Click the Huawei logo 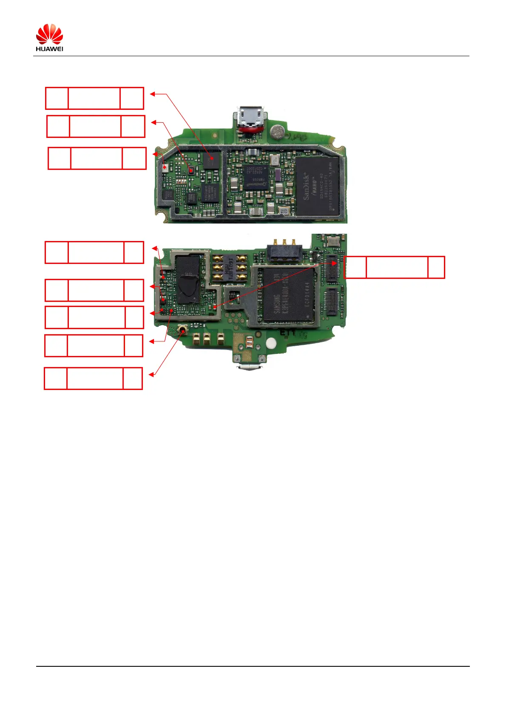click(x=49, y=37)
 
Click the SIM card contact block click(x=229, y=268)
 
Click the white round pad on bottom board click(x=271, y=343)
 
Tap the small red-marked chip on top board click(x=191, y=171)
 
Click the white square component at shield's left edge click(x=165, y=167)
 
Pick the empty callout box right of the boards click(x=394, y=267)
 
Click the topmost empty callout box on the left click(x=94, y=98)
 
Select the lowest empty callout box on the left click(x=93, y=379)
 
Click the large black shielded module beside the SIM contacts click(x=188, y=279)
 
